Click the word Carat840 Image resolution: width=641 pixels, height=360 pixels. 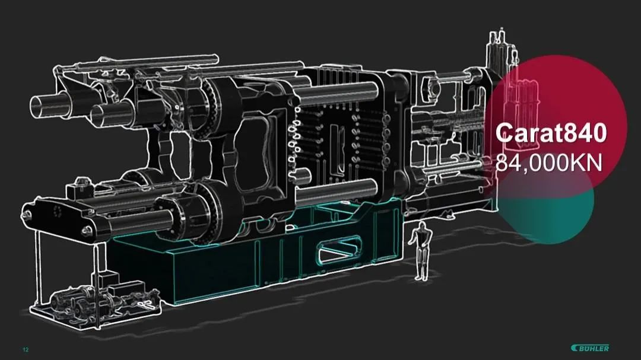coord(551,133)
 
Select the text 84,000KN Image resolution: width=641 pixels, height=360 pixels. coord(549,163)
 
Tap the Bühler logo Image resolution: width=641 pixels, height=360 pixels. coord(590,348)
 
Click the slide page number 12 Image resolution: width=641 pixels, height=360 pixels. coord(26,350)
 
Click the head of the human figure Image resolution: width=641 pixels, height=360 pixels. coord(423,227)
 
